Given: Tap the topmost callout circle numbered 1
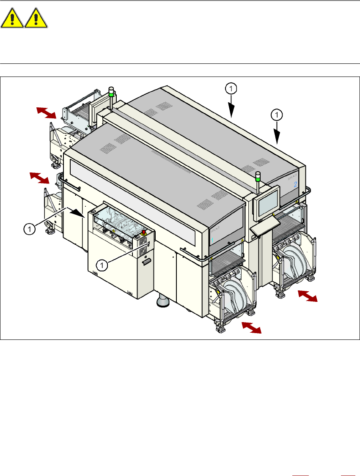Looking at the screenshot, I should click(x=231, y=89).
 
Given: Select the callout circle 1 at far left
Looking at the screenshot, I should click(x=29, y=229).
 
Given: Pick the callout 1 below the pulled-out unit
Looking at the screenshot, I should click(x=102, y=265).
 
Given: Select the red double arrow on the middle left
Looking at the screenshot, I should click(x=39, y=178).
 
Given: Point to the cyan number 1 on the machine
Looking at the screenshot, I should click(x=212, y=240).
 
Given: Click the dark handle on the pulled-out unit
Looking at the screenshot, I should click(x=147, y=262).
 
